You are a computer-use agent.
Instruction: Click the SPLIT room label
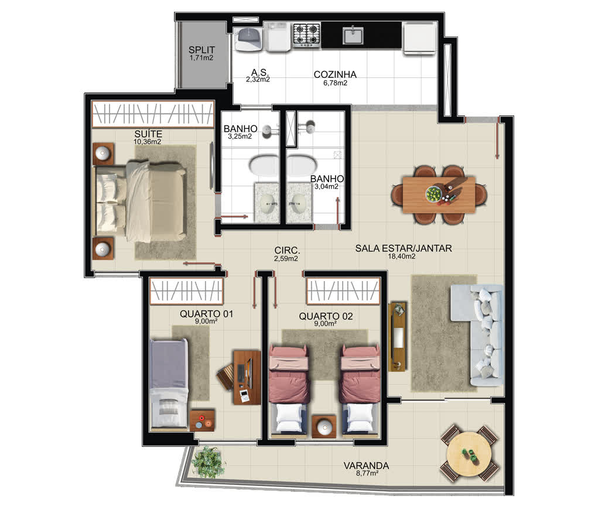201,50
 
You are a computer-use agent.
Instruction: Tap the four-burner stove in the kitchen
307,35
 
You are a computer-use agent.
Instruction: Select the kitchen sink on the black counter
354,36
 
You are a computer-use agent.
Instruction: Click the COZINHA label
335,74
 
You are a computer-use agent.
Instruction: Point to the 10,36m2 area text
147,142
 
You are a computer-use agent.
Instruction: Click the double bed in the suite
139,201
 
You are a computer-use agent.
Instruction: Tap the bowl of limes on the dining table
433,194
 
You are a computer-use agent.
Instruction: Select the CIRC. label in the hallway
287,251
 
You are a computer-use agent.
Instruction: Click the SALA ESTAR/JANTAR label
404,248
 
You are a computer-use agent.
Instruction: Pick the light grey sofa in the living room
477,335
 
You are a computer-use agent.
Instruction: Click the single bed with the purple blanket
169,384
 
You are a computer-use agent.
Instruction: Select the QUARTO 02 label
326,316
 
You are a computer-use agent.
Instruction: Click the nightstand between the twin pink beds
324,426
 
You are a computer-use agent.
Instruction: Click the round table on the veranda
470,453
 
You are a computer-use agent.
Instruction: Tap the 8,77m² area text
367,473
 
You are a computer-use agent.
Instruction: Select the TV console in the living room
397,336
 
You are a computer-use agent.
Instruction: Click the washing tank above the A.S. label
248,39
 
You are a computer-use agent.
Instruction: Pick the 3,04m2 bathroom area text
326,186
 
